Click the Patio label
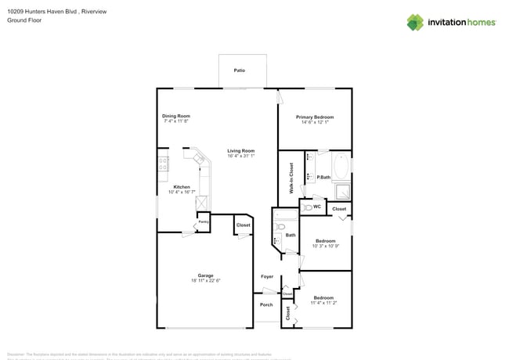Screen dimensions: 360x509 (240, 70)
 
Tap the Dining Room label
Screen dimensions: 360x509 (176, 116)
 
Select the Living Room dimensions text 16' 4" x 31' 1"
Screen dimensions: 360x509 (241, 156)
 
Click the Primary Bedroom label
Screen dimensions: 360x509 (314, 117)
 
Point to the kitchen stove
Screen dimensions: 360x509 (163, 164)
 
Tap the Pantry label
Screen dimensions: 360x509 (203, 221)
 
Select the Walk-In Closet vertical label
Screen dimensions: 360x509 (291, 177)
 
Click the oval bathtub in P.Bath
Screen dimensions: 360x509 (342, 166)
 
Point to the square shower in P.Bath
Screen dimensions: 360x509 (343, 191)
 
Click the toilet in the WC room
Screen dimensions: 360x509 (306, 207)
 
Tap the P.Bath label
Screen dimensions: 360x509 (322, 178)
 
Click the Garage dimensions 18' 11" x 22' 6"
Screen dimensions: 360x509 (205, 280)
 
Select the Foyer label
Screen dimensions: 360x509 (266, 276)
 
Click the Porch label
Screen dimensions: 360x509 (266, 304)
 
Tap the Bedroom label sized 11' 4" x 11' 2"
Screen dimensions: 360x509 (323, 297)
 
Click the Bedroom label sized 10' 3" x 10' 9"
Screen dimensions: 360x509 (325, 240)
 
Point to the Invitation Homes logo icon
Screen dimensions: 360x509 (415, 22)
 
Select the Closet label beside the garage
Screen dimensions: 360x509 (243, 225)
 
